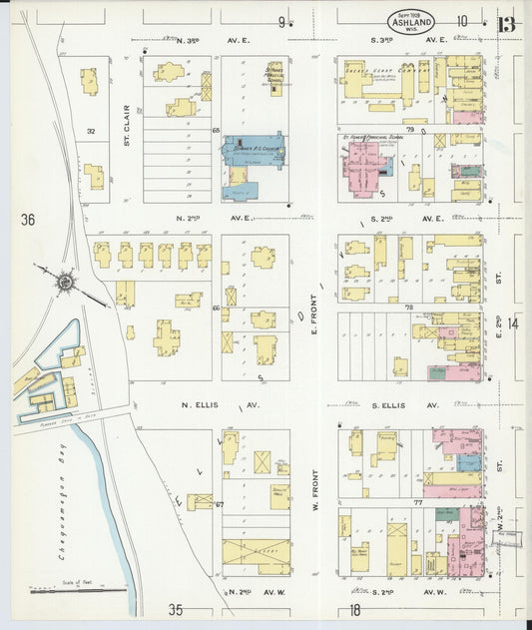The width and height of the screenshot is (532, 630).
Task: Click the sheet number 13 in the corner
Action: [x=507, y=23]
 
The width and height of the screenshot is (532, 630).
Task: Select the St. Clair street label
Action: [x=128, y=126]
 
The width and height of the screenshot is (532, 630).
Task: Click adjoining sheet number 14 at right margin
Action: [x=513, y=322]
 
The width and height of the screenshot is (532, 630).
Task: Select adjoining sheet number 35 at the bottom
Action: [x=176, y=609]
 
